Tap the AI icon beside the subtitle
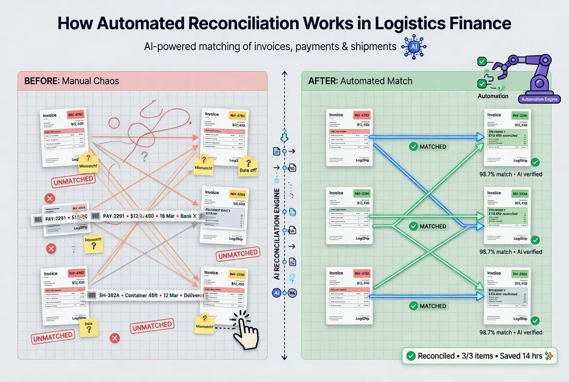[410, 47]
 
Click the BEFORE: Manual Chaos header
[72, 81]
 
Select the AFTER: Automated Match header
[360, 81]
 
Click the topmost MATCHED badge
[427, 146]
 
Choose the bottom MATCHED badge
[427, 306]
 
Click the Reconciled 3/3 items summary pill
[479, 356]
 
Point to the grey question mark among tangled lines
[144, 156]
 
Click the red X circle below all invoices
[115, 338]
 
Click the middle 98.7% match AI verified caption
[511, 252]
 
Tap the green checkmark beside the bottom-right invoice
[535, 321]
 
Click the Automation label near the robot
[493, 96]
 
